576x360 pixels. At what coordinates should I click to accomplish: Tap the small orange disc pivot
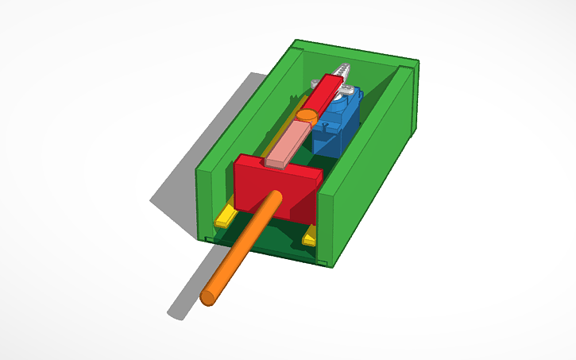306,116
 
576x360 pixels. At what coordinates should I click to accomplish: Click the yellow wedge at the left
225,215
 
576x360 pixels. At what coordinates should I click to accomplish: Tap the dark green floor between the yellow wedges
266,238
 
